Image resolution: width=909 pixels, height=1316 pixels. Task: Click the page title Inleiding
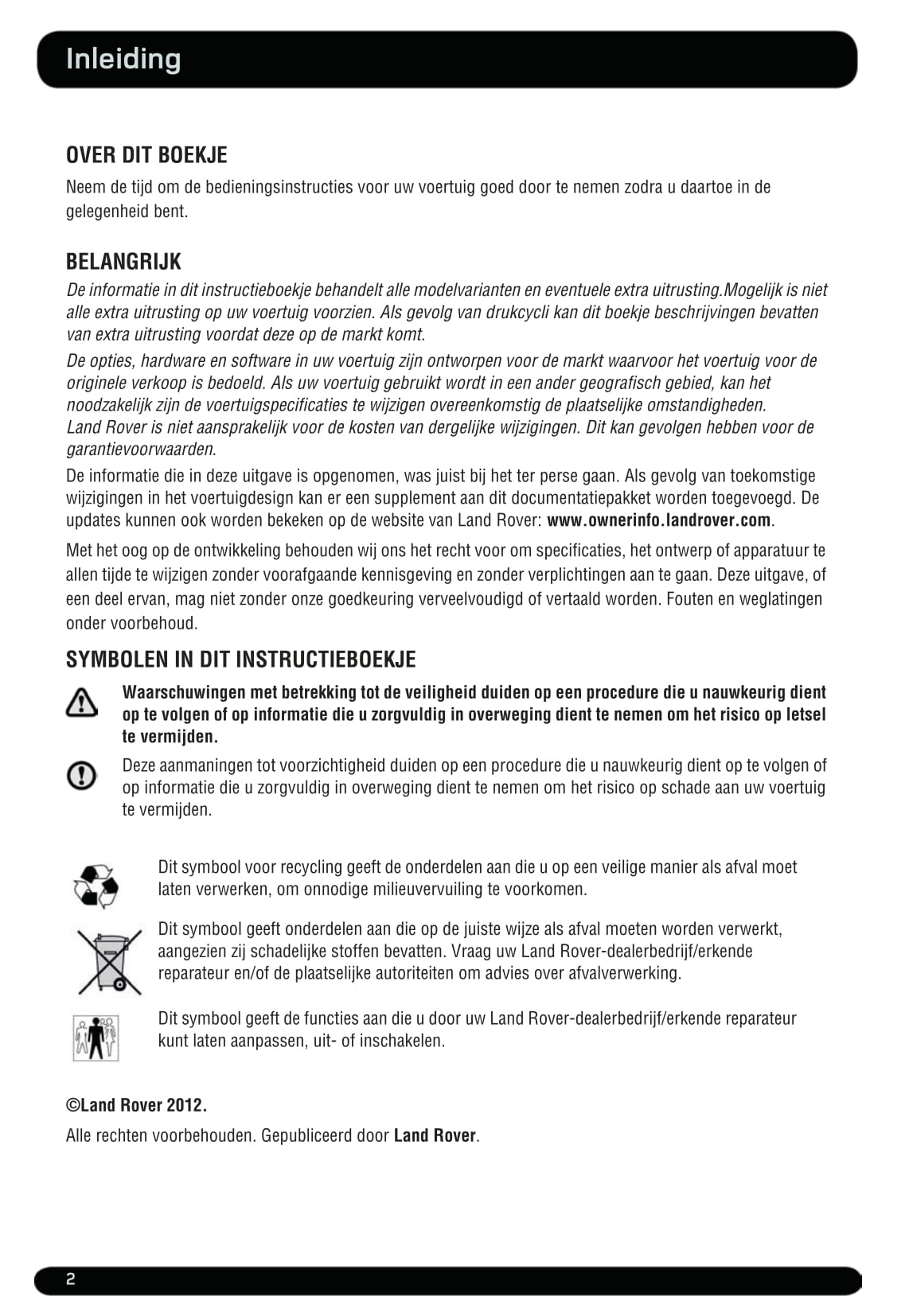tap(123, 59)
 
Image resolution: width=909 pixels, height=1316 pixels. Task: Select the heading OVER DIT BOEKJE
tap(146, 155)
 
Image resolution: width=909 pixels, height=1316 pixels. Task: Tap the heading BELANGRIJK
tap(123, 262)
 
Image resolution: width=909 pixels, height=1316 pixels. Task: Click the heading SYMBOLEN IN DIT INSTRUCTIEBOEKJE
tap(240, 660)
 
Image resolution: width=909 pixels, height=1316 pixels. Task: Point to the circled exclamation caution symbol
tap(81, 775)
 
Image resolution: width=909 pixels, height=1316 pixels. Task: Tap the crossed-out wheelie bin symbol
tap(110, 962)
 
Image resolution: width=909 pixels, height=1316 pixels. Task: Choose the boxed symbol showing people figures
tap(96, 1038)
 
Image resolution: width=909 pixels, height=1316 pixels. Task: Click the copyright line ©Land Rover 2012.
tap(136, 1105)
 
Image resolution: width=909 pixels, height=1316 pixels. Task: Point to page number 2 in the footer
tap(71, 1280)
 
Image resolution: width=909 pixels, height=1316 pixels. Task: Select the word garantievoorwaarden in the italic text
tap(140, 449)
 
